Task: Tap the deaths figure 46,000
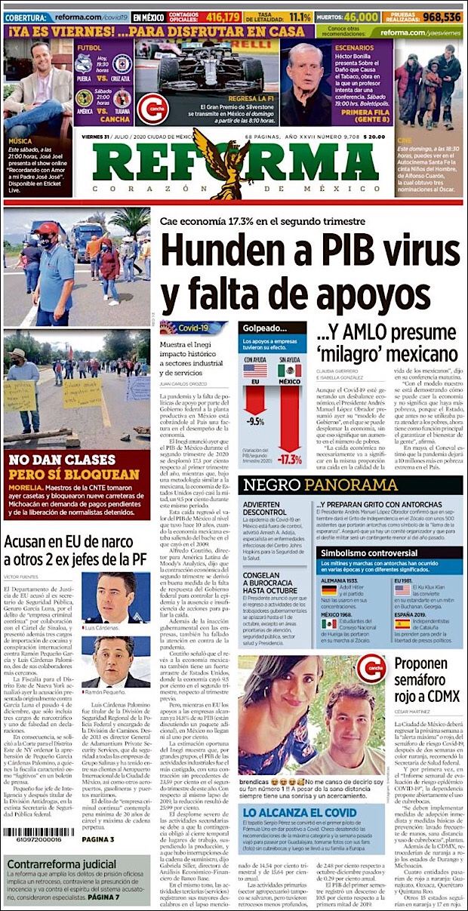pos(358,17)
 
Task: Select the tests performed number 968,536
pos(442,17)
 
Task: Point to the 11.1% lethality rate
pos(300,17)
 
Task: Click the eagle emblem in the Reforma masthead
pos(220,159)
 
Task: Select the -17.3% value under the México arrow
pos(290,458)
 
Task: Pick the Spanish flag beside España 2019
pos(402,623)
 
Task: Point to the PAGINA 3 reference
pos(98,839)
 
